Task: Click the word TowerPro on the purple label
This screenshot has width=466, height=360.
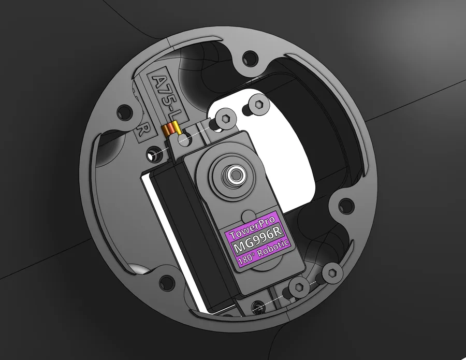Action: pyautogui.click(x=252, y=227)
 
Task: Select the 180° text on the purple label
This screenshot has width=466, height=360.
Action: pyautogui.click(x=246, y=259)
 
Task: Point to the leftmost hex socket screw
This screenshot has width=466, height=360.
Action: pyautogui.click(x=226, y=119)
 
